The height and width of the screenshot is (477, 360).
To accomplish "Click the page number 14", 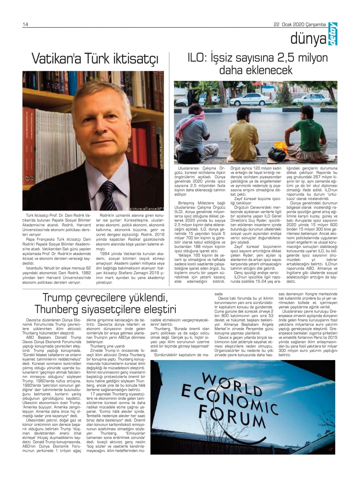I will [26, 24].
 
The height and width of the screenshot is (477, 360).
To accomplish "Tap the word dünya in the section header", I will [308, 39].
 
